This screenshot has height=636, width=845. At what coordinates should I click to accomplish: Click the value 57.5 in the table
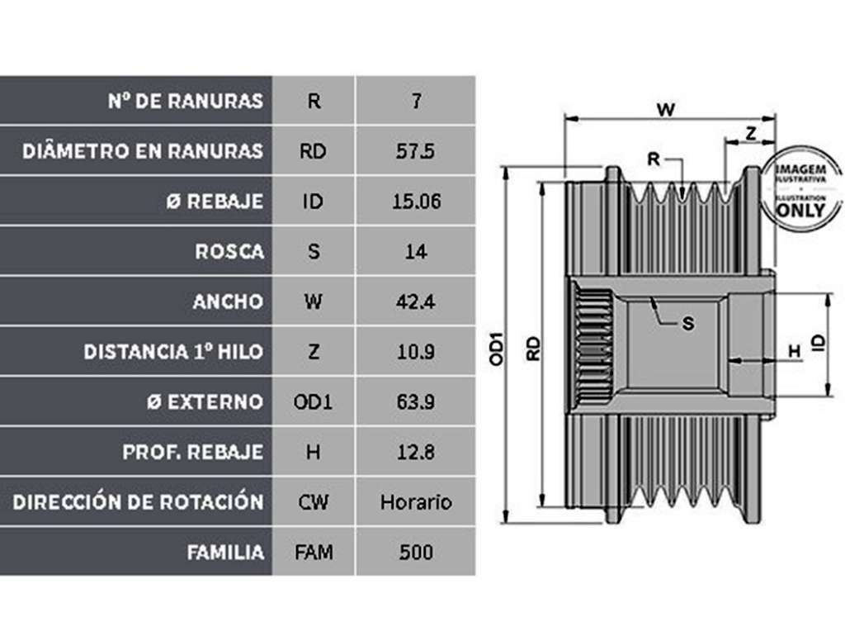(x=415, y=151)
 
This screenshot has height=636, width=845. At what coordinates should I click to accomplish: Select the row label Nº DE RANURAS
(x=186, y=101)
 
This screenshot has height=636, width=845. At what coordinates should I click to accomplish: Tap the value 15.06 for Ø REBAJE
(x=416, y=202)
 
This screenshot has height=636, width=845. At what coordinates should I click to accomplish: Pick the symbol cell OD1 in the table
(x=313, y=402)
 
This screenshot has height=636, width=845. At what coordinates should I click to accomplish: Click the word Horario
(x=416, y=502)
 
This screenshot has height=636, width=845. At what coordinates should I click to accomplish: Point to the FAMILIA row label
(x=225, y=553)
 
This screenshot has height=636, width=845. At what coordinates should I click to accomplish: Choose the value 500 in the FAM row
(x=416, y=553)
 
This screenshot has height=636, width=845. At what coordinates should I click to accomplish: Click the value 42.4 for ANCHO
(x=416, y=301)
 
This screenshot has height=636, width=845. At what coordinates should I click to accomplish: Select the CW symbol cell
(x=313, y=502)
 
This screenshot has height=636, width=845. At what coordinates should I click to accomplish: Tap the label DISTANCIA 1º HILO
(x=173, y=352)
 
